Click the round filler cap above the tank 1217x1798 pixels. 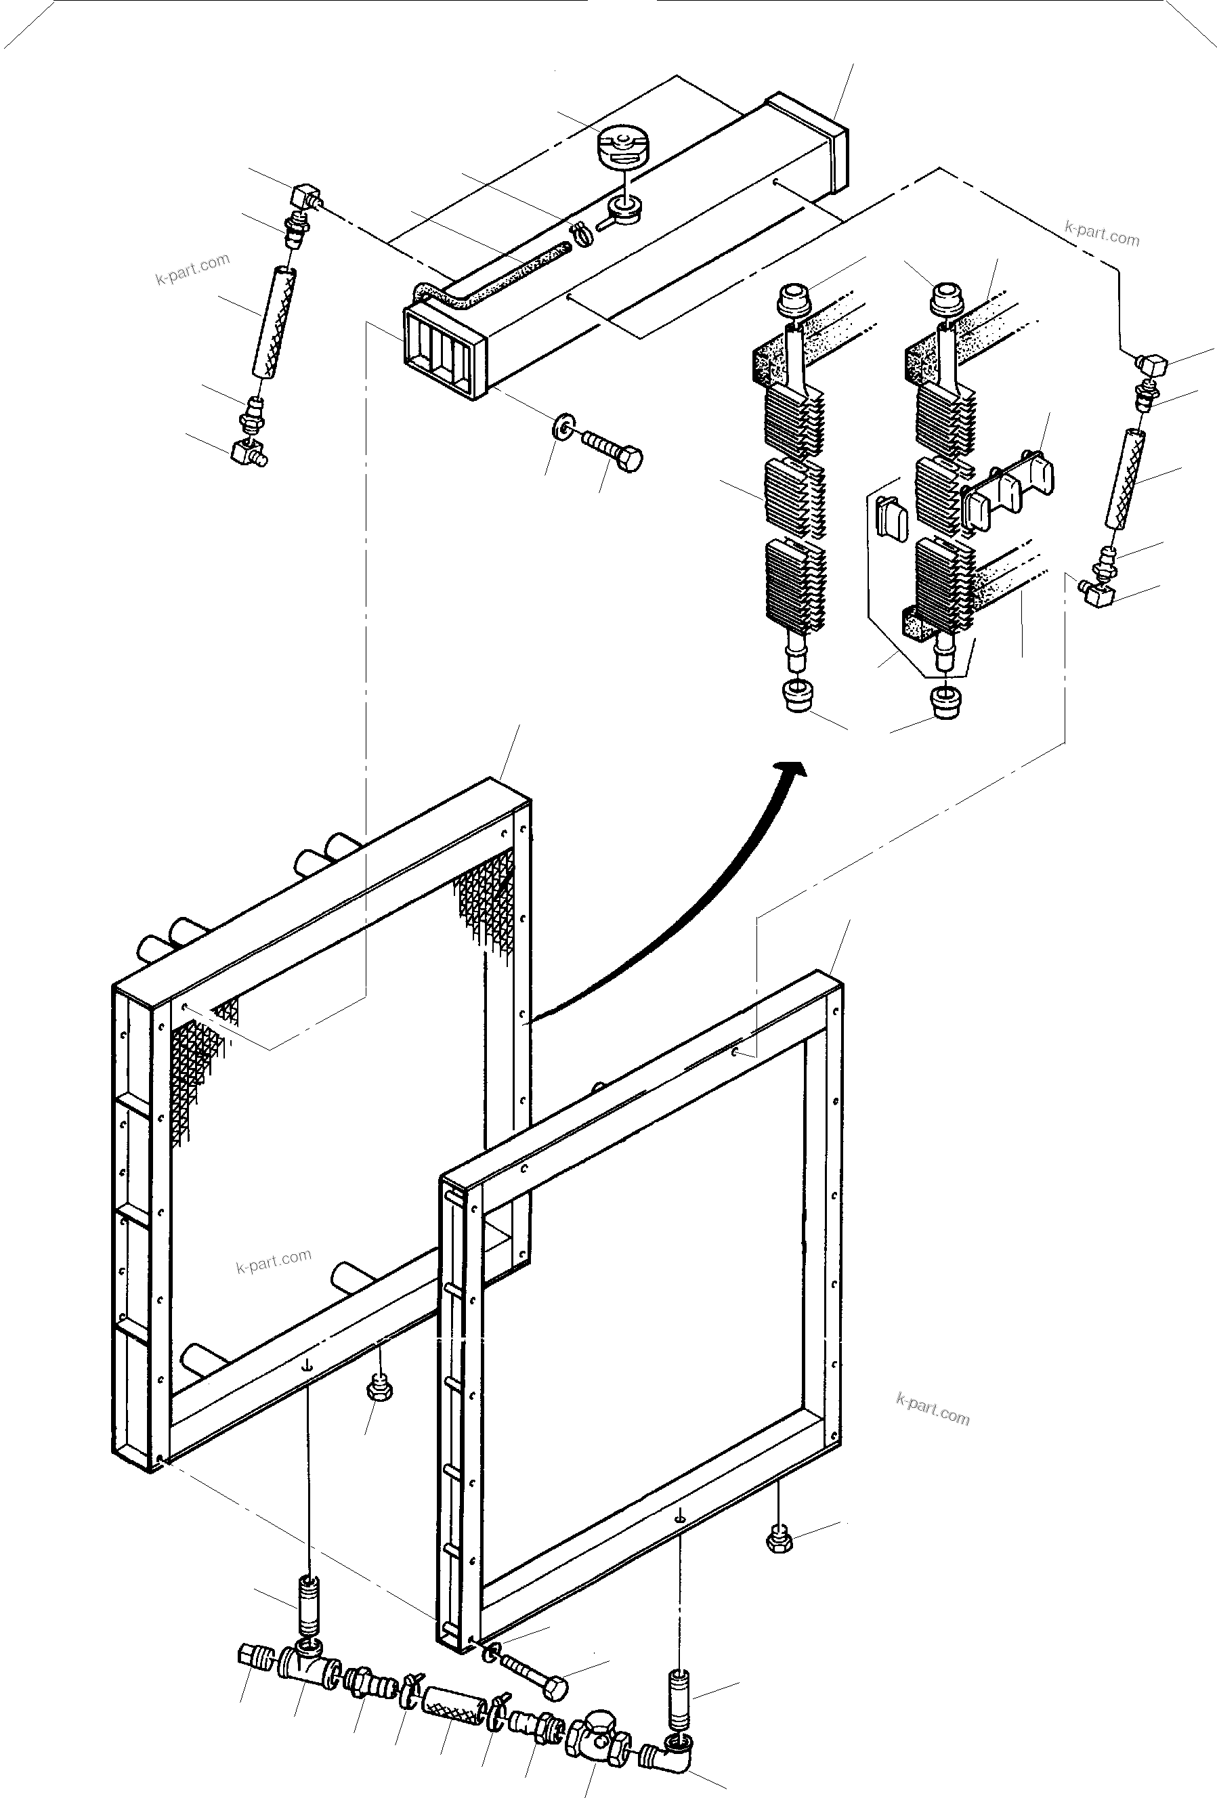pos(624,146)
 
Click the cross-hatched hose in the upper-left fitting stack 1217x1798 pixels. pos(276,321)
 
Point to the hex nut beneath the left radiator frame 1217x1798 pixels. pos(379,1389)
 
